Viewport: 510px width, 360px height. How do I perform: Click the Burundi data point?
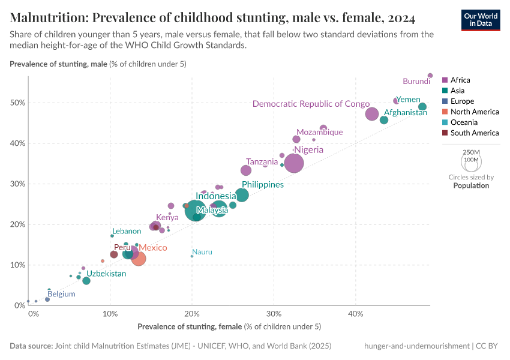click(430, 76)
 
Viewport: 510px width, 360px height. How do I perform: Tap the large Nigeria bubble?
click(294, 163)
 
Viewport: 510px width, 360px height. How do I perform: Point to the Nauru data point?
click(192, 256)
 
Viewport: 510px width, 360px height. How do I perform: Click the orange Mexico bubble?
click(139, 259)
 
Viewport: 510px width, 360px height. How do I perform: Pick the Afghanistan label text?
click(405, 113)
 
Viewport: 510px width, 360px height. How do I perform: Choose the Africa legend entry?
click(460, 80)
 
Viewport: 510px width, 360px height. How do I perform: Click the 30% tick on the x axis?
click(274, 314)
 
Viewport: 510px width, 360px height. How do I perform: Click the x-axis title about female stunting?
click(229, 326)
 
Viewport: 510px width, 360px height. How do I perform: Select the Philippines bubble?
click(242, 195)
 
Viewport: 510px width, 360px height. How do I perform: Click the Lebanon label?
click(126, 231)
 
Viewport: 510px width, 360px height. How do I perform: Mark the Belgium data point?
click(47, 299)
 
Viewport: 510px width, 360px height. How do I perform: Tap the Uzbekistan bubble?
click(86, 281)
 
